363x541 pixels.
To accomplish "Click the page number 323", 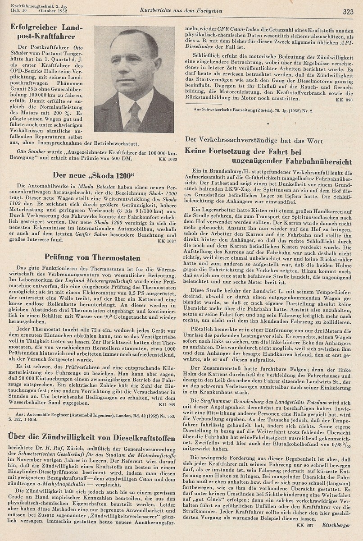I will tap(348, 12).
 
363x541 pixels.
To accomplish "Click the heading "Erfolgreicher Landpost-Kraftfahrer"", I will tap(43, 32).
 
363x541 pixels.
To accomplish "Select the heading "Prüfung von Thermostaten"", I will tap(92, 257).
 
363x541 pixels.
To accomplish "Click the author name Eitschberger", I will tap(337, 524).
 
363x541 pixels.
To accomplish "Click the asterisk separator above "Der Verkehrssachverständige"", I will tap(269, 123).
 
